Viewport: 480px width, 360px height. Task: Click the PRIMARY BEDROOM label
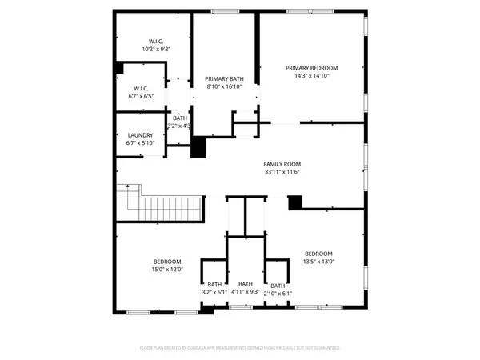pyautogui.click(x=312, y=68)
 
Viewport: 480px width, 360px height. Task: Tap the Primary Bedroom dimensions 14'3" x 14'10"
pyautogui.click(x=312, y=76)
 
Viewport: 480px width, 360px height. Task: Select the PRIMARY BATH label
pyautogui.click(x=224, y=78)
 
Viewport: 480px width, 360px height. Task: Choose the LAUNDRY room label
pyautogui.click(x=140, y=135)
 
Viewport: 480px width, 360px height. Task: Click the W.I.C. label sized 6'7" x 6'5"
pyautogui.click(x=141, y=88)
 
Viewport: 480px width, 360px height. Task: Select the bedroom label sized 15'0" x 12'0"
pyautogui.click(x=167, y=262)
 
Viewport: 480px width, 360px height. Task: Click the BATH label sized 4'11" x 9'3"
pyautogui.click(x=245, y=284)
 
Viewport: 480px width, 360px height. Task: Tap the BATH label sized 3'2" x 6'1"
pyautogui.click(x=215, y=285)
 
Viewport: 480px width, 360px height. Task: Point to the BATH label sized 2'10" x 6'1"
pyautogui.click(x=277, y=286)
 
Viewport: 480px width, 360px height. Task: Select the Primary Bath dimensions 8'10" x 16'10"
pyautogui.click(x=224, y=86)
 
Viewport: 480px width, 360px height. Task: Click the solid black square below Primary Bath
pyautogui.click(x=198, y=148)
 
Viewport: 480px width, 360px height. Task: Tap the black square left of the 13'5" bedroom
pyautogui.click(x=295, y=203)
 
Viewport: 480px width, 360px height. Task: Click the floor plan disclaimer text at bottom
pyautogui.click(x=240, y=348)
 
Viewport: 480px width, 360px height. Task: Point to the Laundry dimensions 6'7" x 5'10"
pyautogui.click(x=140, y=143)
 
